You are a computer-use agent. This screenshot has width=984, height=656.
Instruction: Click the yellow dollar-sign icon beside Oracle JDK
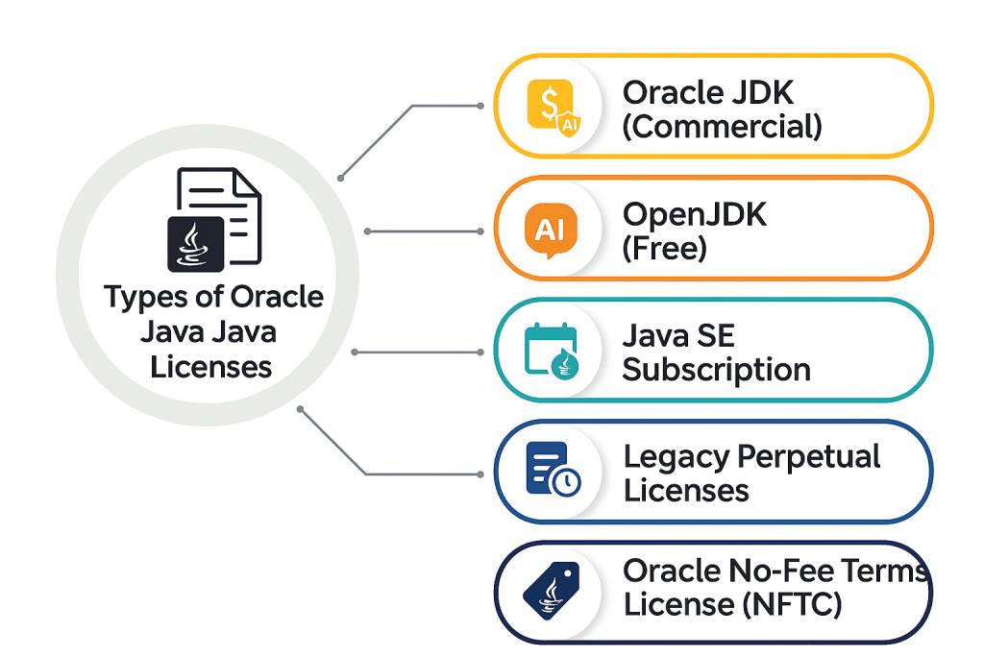[x=550, y=105]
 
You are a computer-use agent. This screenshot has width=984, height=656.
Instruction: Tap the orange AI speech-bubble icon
[x=549, y=230]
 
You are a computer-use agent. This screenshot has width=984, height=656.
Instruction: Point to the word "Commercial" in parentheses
[x=722, y=126]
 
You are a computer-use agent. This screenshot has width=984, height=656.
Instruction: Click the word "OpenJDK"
[x=695, y=214]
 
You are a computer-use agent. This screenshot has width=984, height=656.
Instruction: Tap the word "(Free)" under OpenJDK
[x=664, y=249]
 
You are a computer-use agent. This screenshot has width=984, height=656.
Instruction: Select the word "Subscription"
[x=716, y=370]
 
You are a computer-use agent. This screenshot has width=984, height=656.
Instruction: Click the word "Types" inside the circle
[x=143, y=297]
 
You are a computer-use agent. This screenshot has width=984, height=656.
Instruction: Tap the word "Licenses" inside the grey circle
[x=210, y=366]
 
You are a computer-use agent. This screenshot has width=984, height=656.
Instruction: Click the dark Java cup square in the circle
[x=195, y=243]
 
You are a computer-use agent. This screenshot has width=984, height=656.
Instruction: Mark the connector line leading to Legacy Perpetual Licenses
[x=423, y=474]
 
